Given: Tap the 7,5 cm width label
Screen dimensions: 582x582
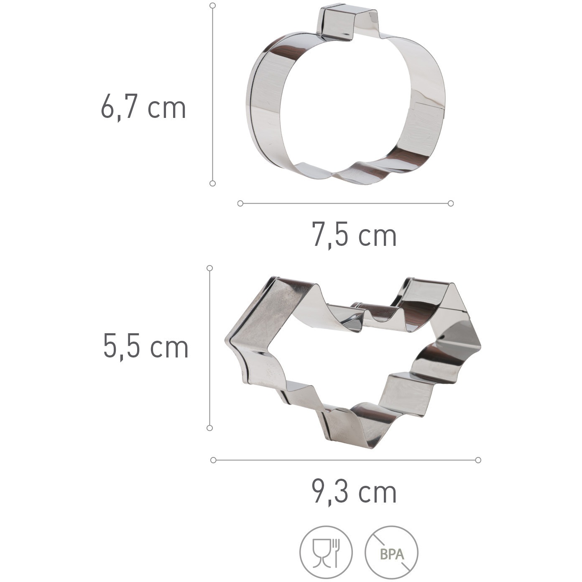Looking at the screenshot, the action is [354, 234].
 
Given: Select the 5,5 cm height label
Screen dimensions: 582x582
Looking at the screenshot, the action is [145, 347].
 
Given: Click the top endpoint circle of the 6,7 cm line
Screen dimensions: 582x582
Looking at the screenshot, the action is [213, 5].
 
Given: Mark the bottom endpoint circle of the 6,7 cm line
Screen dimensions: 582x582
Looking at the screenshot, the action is [212, 183].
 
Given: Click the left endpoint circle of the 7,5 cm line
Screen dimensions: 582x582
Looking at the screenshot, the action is [240, 203].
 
